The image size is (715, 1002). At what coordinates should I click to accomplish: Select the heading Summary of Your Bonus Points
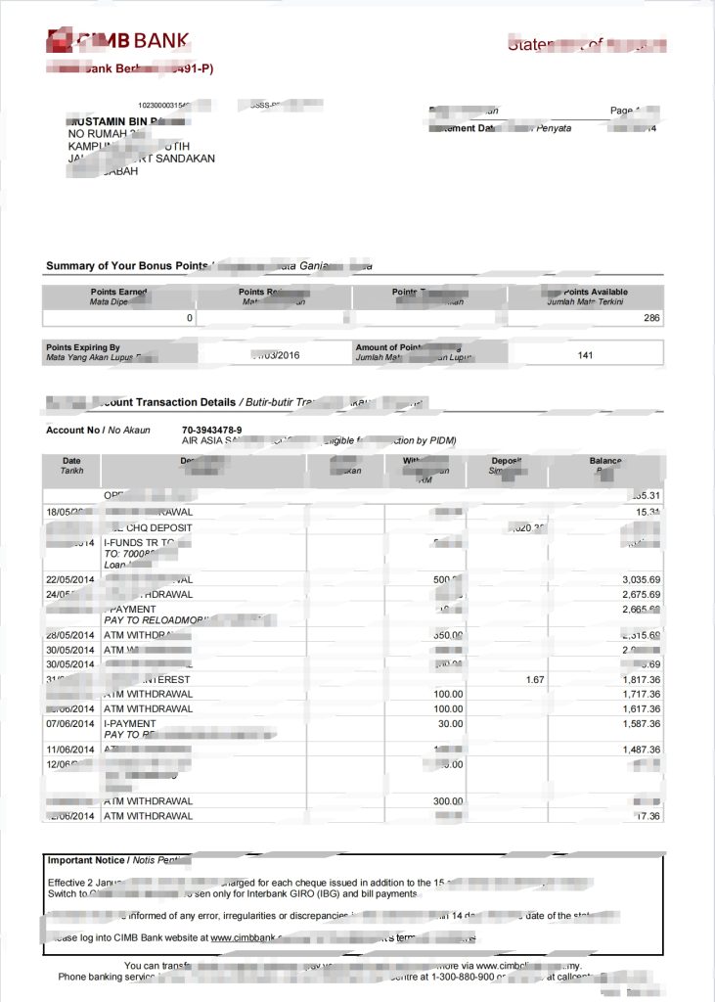tap(127, 266)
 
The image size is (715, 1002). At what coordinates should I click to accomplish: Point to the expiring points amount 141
tap(585, 355)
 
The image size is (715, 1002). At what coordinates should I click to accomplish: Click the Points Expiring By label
tap(82, 347)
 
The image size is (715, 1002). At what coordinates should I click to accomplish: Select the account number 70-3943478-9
tap(211, 430)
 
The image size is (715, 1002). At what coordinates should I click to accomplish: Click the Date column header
tap(71, 461)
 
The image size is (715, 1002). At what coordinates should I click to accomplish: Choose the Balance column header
tap(604, 461)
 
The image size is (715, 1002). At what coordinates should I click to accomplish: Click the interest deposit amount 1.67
tap(534, 679)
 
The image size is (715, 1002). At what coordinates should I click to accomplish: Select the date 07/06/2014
tap(71, 723)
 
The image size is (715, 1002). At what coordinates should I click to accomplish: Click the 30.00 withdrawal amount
tap(449, 723)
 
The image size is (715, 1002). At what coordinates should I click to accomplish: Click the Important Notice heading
tap(86, 860)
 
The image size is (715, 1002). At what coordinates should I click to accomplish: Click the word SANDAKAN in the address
tap(185, 159)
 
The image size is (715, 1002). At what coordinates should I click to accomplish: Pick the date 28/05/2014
tap(71, 635)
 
